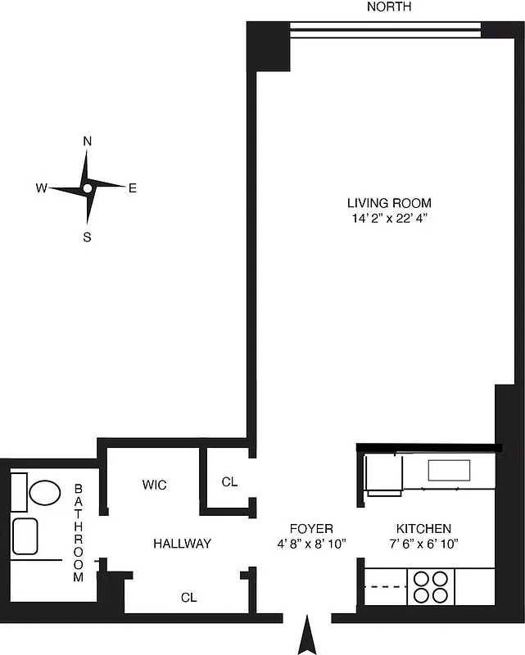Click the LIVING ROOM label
[389, 203]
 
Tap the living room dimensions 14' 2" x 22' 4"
[389, 219]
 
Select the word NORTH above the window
[389, 7]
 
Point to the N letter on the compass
[87, 141]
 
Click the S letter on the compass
[87, 238]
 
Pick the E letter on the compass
[133, 188]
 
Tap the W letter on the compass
[40, 188]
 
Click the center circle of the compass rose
[87, 188]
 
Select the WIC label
[154, 486]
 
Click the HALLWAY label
[183, 544]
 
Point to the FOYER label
[311, 529]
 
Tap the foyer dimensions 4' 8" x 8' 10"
[311, 544]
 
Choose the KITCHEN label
[423, 529]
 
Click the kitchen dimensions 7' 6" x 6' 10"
[423, 544]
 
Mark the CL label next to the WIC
[229, 482]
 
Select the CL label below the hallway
[189, 598]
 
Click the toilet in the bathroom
[44, 492]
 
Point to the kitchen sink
[449, 471]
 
